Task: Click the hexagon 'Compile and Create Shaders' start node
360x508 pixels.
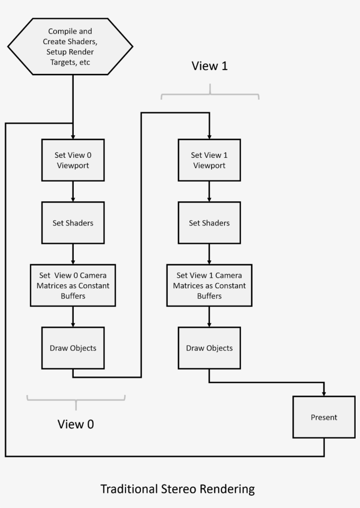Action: click(70, 46)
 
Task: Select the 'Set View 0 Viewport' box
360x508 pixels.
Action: click(73, 160)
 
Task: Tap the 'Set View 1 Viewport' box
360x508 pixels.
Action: click(209, 160)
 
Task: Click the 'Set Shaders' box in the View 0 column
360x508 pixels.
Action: click(73, 223)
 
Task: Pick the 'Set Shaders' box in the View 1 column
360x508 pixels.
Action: click(209, 223)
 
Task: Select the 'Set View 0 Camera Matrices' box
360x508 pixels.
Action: click(73, 285)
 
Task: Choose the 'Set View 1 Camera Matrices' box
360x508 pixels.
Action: click(209, 285)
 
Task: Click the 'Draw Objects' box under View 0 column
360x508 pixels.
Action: click(73, 348)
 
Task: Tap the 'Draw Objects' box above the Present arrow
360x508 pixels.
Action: click(209, 348)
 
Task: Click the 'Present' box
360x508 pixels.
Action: click(324, 417)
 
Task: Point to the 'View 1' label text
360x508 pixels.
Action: click(210, 66)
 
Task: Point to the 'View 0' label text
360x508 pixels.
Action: click(76, 424)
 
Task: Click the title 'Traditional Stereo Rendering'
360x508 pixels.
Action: click(177, 489)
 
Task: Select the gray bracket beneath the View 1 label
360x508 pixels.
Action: click(210, 94)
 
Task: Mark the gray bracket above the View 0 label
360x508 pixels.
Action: click(76, 399)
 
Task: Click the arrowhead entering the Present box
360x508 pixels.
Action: click(324, 393)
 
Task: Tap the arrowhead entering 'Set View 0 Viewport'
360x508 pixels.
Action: click(73, 136)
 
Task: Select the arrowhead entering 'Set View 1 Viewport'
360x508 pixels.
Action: click(209, 136)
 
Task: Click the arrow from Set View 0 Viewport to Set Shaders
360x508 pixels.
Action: click(73, 191)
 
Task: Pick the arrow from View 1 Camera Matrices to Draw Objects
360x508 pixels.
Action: click(209, 316)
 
